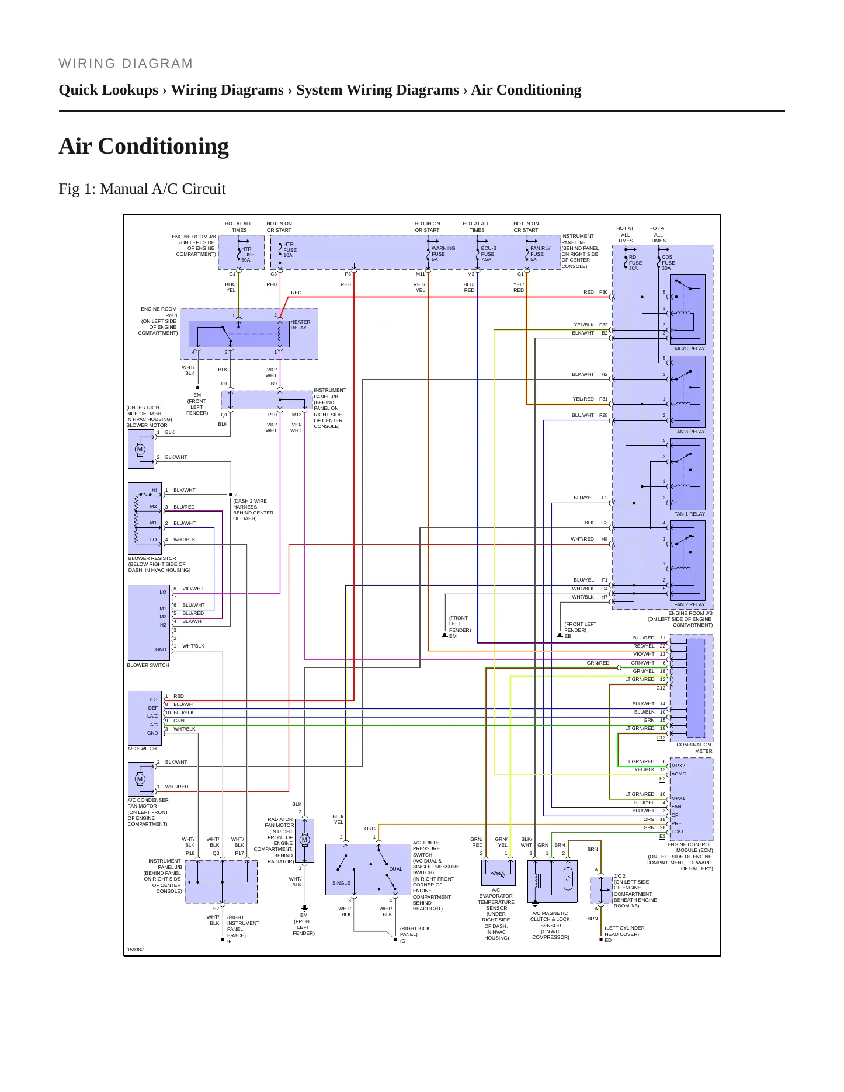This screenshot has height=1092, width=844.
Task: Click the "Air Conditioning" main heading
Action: point(144,146)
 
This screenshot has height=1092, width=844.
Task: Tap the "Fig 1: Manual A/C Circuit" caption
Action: point(142,189)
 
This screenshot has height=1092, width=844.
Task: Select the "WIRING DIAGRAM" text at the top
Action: point(126,64)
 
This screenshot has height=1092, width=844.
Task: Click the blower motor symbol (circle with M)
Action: point(140,450)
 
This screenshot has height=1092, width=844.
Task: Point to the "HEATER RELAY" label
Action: point(300,325)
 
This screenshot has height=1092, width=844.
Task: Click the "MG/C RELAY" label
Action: point(689,349)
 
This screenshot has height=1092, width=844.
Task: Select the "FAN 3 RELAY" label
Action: point(689,432)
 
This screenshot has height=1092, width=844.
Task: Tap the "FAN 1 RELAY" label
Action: point(689,514)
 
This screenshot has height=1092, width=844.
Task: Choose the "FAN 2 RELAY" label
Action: point(689,604)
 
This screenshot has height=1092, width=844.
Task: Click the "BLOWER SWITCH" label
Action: point(148,665)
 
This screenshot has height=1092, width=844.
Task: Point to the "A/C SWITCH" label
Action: point(142,749)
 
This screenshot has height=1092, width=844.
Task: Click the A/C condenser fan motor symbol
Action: point(140,779)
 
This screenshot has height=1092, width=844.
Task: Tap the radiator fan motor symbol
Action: point(304,840)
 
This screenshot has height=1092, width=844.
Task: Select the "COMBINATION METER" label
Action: point(694,747)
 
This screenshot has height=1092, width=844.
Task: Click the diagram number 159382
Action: point(136,950)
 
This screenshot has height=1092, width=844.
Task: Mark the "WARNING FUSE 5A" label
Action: point(443,254)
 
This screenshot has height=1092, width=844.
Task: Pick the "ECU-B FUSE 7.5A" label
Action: point(488,254)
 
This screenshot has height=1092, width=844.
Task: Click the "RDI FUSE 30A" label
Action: point(635,263)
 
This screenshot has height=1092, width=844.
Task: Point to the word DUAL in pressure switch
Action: point(395,869)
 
